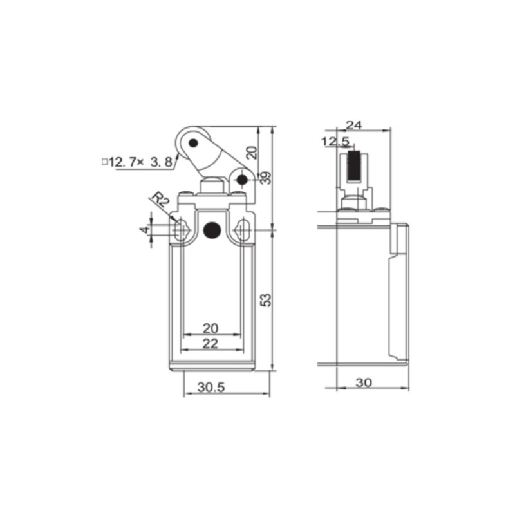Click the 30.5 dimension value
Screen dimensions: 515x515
tap(210, 388)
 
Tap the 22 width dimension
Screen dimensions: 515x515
tap(210, 343)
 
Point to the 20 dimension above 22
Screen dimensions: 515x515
tap(210, 328)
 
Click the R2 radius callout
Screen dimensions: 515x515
tap(160, 200)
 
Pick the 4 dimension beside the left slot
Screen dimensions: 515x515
tap(145, 230)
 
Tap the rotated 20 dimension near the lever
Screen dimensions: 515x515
tap(252, 153)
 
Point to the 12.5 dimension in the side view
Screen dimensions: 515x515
tap(335, 141)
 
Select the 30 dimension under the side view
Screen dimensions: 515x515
tap(364, 382)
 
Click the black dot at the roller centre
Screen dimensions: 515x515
tap(192, 142)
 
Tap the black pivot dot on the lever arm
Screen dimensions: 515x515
tap(242, 180)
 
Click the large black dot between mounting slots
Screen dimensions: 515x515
tap(211, 230)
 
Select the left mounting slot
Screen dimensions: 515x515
tap(181, 230)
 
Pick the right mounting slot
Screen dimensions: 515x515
tap(243, 230)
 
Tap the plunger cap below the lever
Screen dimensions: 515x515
tap(212, 187)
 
